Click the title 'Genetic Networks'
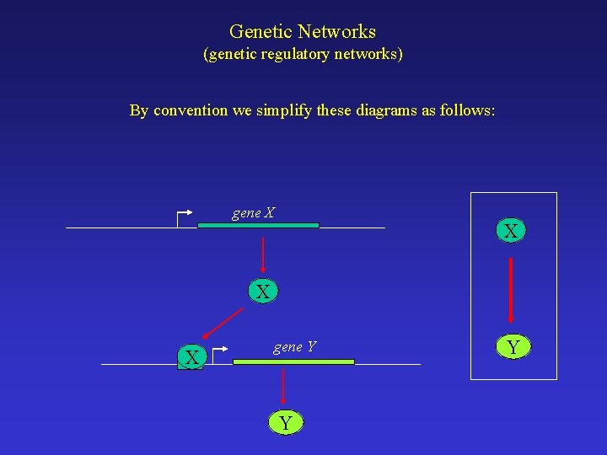click(303, 32)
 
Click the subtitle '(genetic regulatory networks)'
click(303, 55)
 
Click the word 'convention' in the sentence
click(191, 110)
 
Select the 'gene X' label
click(253, 213)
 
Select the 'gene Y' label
click(294, 346)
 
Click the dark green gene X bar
click(258, 226)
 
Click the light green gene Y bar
click(293, 361)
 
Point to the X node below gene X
click(263, 292)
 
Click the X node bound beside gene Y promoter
click(192, 357)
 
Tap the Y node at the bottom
click(286, 423)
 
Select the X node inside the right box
click(511, 231)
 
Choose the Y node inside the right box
click(511, 346)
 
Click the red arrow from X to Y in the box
click(511, 289)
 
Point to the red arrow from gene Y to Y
click(283, 385)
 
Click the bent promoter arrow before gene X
click(185, 217)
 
